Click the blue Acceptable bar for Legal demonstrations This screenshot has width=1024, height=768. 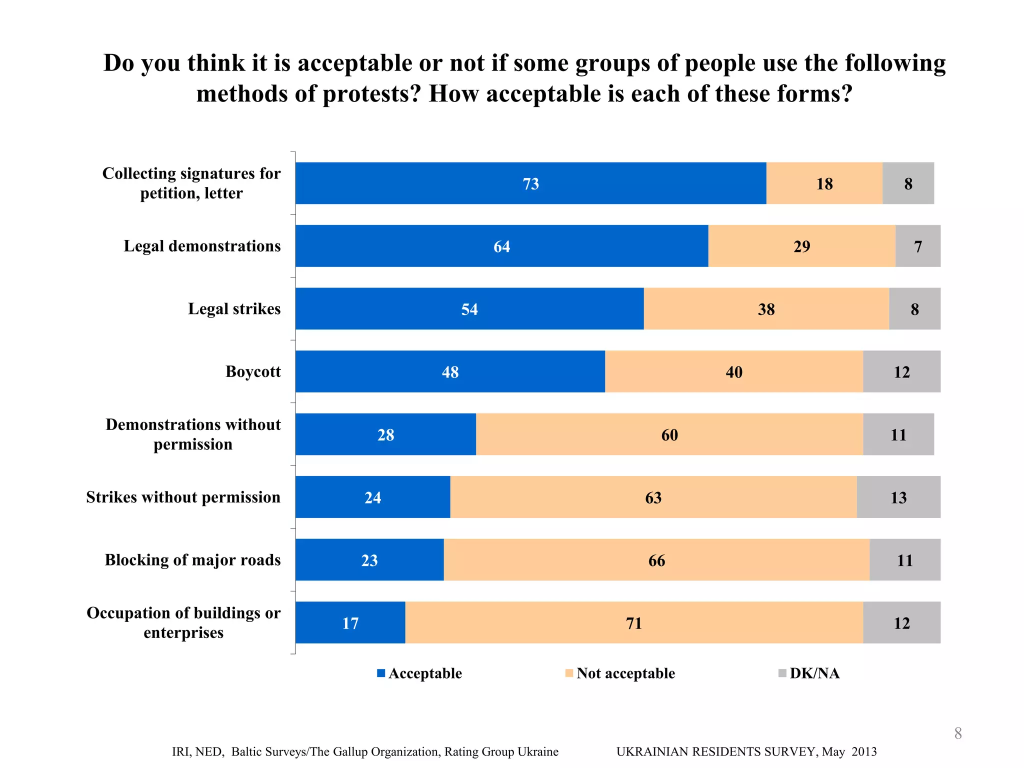tap(501, 246)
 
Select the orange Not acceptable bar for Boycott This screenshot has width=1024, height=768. tap(733, 371)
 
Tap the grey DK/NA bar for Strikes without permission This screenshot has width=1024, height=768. tap(898, 497)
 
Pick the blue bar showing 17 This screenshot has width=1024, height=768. tap(350, 622)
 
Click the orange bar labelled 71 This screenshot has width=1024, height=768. tap(633, 622)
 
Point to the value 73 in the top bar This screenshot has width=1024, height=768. tap(531, 184)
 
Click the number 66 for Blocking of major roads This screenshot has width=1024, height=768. tap(656, 560)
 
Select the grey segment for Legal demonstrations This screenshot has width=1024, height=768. tap(917, 246)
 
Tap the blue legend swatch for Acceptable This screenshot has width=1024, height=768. tap(381, 673)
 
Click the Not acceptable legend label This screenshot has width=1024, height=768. tap(625, 673)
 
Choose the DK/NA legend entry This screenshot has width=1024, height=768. tap(814, 673)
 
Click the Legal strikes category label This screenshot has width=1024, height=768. tap(234, 309)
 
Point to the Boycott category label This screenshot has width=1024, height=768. tap(253, 371)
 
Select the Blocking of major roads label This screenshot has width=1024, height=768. tap(192, 560)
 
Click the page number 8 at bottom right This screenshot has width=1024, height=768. tap(958, 733)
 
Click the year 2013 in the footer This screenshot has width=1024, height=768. tap(864, 752)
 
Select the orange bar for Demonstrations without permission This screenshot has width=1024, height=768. tap(669, 434)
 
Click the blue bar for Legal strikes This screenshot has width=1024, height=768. tap(469, 309)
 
